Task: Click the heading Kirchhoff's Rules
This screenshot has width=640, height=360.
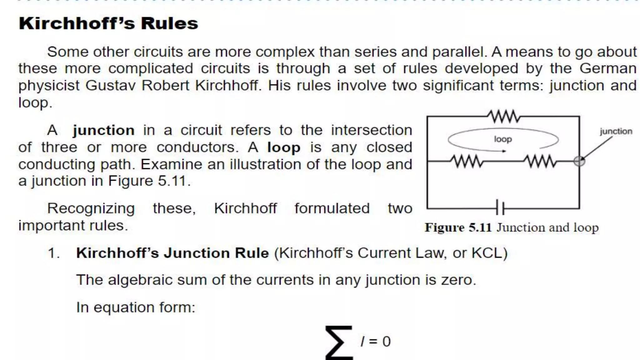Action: pyautogui.click(x=108, y=23)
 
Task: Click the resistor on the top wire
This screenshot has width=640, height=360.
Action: pyautogui.click(x=503, y=117)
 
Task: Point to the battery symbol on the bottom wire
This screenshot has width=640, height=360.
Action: pyautogui.click(x=500, y=208)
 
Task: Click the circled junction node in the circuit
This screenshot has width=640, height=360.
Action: pyautogui.click(x=579, y=161)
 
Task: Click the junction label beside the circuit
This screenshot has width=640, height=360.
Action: pyautogui.click(x=616, y=131)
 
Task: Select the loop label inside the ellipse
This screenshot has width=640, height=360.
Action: pyautogui.click(x=503, y=139)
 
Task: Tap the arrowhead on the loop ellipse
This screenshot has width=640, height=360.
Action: pyautogui.click(x=503, y=151)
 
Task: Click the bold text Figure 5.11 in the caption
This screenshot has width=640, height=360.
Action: pyautogui.click(x=458, y=227)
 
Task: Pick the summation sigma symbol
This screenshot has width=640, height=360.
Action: pyautogui.click(x=339, y=342)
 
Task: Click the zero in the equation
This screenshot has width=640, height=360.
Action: pyautogui.click(x=386, y=342)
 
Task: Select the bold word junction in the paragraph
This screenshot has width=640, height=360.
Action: pyautogui.click(x=103, y=130)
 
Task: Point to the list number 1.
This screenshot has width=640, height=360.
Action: pyautogui.click(x=53, y=253)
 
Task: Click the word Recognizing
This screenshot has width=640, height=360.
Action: pyautogui.click(x=91, y=208)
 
